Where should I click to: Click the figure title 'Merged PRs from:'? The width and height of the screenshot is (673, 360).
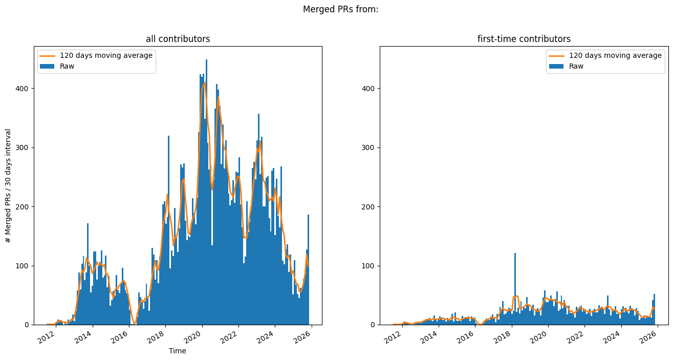(340, 9)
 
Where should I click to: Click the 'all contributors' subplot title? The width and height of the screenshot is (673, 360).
(178, 39)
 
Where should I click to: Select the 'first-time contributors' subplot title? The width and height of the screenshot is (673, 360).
(524, 39)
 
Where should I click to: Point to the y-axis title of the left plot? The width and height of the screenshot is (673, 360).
(8, 185)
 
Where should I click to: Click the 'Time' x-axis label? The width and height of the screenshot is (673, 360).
(178, 351)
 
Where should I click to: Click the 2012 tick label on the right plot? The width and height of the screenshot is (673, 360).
(394, 336)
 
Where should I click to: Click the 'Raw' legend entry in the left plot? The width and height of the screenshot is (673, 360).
(67, 66)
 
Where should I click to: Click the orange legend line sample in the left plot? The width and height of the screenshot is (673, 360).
(48, 55)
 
